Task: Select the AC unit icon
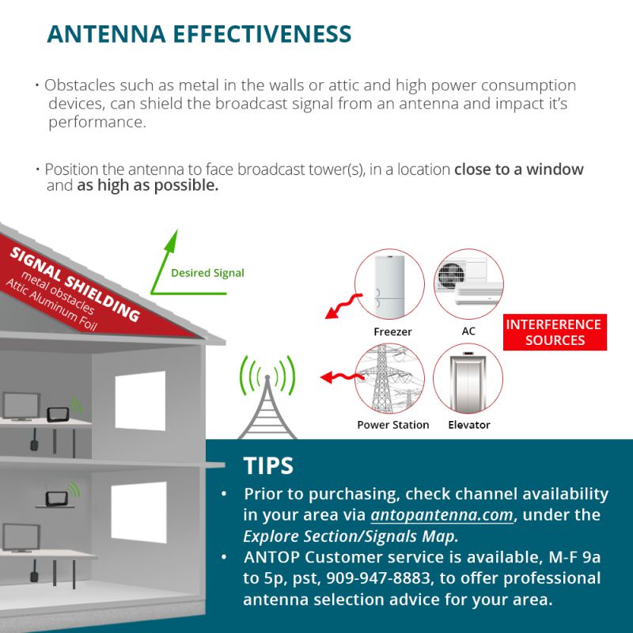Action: [468, 285]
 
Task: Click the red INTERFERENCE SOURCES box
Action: [554, 332]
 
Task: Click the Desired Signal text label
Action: [207, 273]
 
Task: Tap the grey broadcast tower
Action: [267, 404]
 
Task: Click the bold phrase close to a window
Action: [518, 169]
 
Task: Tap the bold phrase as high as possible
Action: [147, 187]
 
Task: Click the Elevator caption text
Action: [468, 425]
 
